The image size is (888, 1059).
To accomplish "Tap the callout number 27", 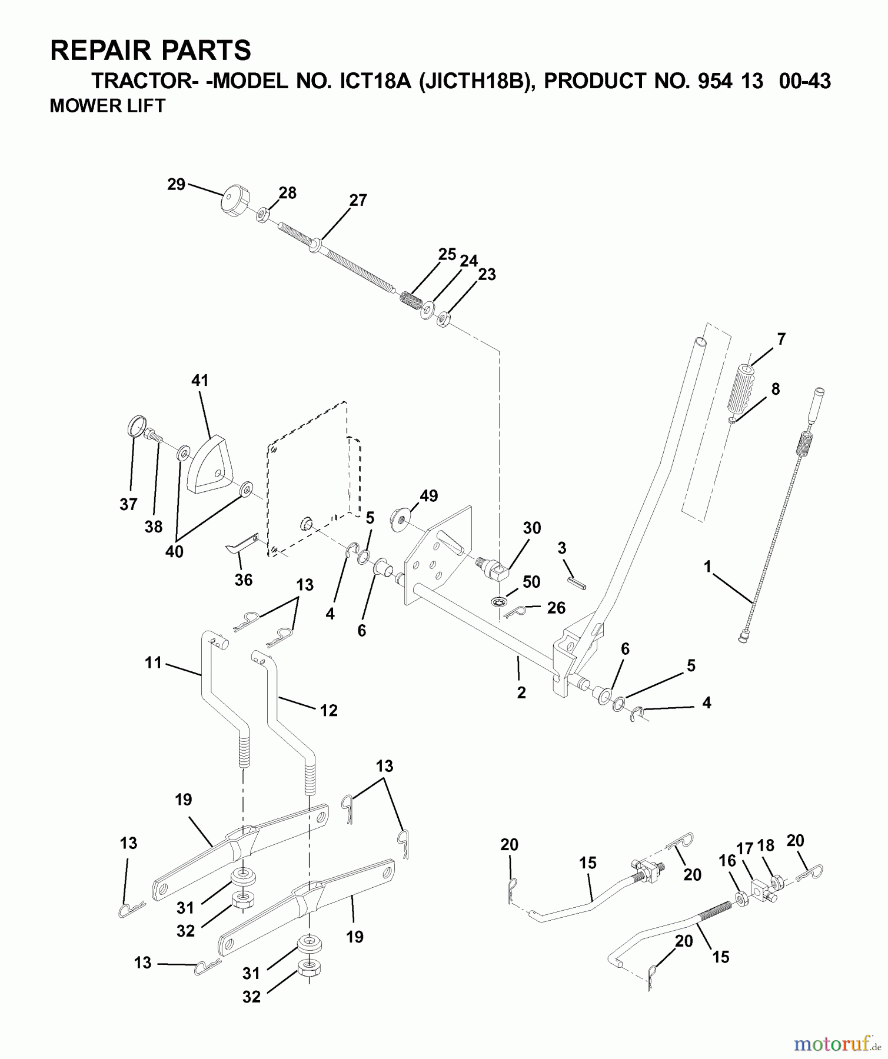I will pyautogui.click(x=358, y=201).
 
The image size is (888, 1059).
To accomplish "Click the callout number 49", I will pyautogui.click(x=428, y=496).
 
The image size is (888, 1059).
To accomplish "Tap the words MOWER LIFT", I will pyautogui.click(x=108, y=106).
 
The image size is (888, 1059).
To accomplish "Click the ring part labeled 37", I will pyautogui.click(x=136, y=425).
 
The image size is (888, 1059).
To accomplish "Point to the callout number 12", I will pyautogui.click(x=328, y=710).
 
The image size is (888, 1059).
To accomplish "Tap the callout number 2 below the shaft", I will pyautogui.click(x=521, y=692).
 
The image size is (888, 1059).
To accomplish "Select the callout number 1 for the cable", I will pyautogui.click(x=707, y=567).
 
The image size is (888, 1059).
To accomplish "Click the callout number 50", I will pyautogui.click(x=531, y=582).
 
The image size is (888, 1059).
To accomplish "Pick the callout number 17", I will pyautogui.click(x=745, y=848).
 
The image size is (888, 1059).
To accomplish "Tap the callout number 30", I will pyautogui.click(x=531, y=528).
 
